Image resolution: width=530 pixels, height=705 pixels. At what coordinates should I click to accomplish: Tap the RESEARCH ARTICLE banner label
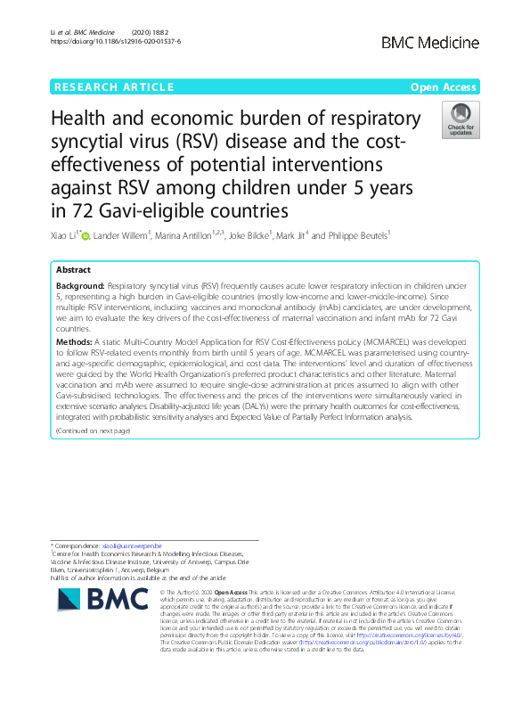[114, 86]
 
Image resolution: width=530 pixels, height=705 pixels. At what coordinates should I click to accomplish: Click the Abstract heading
[73, 269]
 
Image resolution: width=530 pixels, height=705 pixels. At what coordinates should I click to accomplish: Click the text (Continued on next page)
[93, 430]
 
